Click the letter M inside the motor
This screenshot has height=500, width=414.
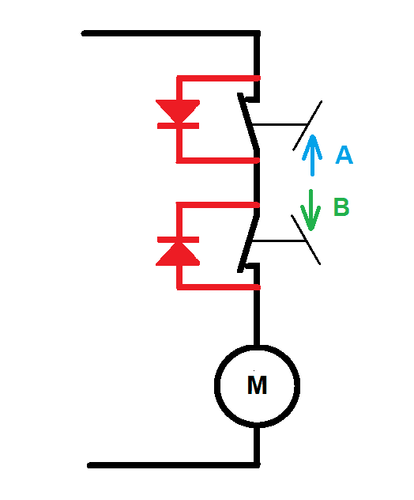(x=257, y=385)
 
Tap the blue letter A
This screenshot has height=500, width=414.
(x=344, y=155)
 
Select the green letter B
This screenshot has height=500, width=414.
(x=341, y=206)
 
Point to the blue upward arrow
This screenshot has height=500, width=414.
(x=312, y=155)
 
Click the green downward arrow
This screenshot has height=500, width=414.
(x=310, y=210)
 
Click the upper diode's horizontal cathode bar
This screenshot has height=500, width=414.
(x=178, y=126)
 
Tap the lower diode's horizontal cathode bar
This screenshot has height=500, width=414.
(x=178, y=240)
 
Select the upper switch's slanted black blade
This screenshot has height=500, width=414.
(x=249, y=121)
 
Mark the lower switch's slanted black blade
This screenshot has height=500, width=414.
(x=249, y=244)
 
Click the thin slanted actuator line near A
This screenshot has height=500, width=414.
(x=307, y=126)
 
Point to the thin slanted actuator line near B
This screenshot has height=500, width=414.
(x=306, y=240)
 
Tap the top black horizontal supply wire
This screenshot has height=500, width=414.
(x=171, y=33)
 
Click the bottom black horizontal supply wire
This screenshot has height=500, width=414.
(x=174, y=465)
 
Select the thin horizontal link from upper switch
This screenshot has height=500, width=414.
(x=279, y=124)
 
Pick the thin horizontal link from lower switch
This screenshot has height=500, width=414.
(x=279, y=241)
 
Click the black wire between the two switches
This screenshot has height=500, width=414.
(x=257, y=183)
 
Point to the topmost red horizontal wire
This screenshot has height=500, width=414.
(x=219, y=78)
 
